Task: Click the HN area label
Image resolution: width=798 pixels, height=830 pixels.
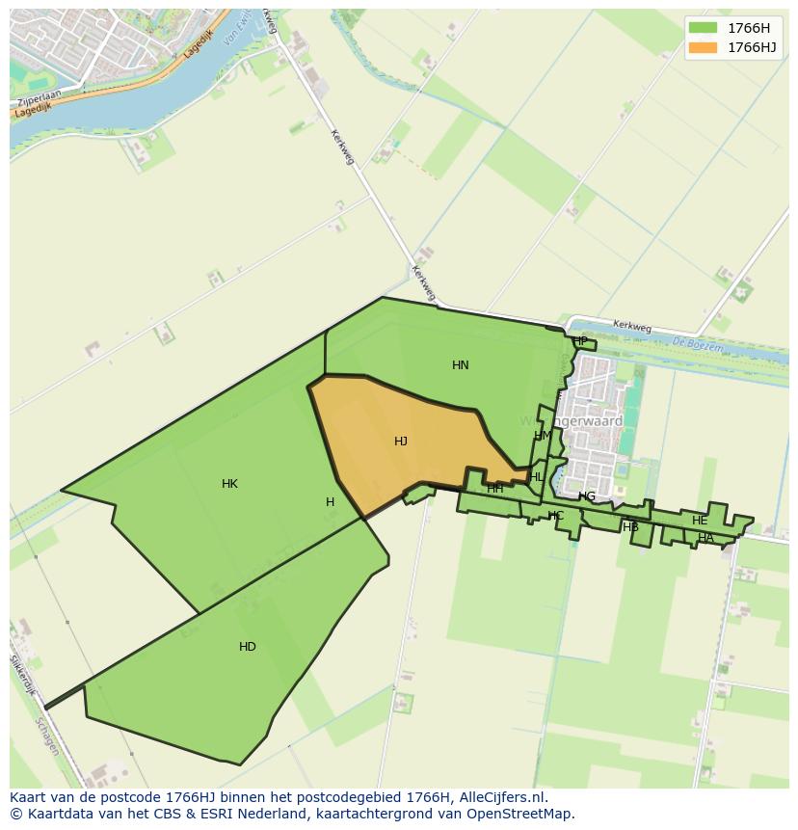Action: pyautogui.click(x=461, y=365)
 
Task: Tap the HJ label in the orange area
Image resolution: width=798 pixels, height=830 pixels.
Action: pyautogui.click(x=401, y=442)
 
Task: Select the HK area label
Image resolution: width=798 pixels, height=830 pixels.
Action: pyautogui.click(x=229, y=484)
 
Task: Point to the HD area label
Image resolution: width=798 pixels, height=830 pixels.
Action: pyautogui.click(x=248, y=647)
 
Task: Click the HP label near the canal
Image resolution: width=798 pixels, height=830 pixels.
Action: pyautogui.click(x=580, y=341)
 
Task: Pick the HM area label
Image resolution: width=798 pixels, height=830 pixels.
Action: pyautogui.click(x=544, y=436)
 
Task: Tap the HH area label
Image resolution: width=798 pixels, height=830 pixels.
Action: pyautogui.click(x=495, y=489)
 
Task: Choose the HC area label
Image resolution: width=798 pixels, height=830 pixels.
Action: pyautogui.click(x=556, y=516)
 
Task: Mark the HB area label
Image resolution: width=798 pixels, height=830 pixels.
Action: pyautogui.click(x=631, y=527)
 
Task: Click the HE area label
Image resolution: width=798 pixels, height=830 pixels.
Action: pyautogui.click(x=700, y=521)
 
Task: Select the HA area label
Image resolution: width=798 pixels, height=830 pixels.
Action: pyautogui.click(x=706, y=538)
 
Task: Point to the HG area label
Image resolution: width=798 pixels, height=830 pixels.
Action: pyautogui.click(x=587, y=496)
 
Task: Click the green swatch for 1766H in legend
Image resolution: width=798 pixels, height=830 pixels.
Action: pyautogui.click(x=704, y=28)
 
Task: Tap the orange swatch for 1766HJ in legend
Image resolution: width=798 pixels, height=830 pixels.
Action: pyautogui.click(x=704, y=47)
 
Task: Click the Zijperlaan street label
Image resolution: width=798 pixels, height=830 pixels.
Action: pyautogui.click(x=39, y=99)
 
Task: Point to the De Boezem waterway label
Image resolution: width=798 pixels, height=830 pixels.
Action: pyautogui.click(x=691, y=344)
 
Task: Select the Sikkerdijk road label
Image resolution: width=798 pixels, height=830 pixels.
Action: pyautogui.click(x=22, y=676)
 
